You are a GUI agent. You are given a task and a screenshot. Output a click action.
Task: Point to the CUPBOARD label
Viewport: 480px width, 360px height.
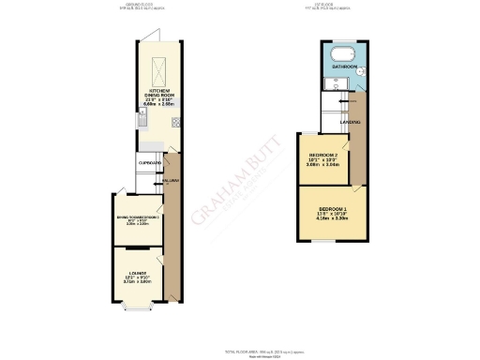[150, 162]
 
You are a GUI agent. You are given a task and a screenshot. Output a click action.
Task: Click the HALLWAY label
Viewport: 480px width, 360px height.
[170, 179]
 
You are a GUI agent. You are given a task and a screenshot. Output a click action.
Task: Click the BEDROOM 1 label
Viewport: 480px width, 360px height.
[333, 206]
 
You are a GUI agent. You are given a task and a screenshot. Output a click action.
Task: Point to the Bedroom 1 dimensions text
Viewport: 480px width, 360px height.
[333, 217]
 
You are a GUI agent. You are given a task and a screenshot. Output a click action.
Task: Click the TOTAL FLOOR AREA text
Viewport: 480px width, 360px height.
[240, 348]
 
